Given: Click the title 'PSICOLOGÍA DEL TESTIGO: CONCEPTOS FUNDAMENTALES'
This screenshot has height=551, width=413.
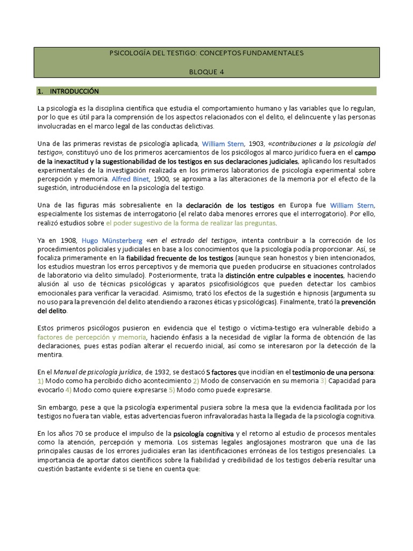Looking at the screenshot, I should point(206,53).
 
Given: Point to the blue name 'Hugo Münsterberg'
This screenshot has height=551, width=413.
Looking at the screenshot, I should point(112,240).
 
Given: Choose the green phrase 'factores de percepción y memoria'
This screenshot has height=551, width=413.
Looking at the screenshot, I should point(91,337).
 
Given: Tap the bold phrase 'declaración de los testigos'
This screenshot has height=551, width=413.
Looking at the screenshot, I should point(230,206).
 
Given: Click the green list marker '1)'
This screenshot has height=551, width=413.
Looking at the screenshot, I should point(41,381).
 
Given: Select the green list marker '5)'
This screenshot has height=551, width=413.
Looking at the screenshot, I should point(172,390).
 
